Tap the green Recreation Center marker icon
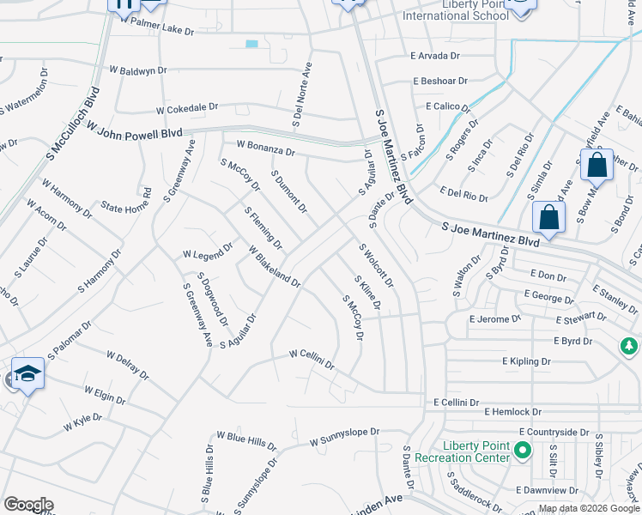tap(520, 449)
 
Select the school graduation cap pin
tap(28, 375)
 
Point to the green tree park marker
tap(629, 346)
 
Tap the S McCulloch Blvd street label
tap(73, 124)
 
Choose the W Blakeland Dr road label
tap(275, 267)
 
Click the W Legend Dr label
tap(208, 251)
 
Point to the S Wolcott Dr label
tap(376, 265)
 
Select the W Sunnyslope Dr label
tap(344, 438)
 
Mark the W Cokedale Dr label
tap(187, 109)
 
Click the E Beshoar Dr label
tap(439, 81)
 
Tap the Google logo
tap(28, 505)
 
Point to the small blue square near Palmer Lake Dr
tap(251, 44)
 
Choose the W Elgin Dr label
tap(106, 395)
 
